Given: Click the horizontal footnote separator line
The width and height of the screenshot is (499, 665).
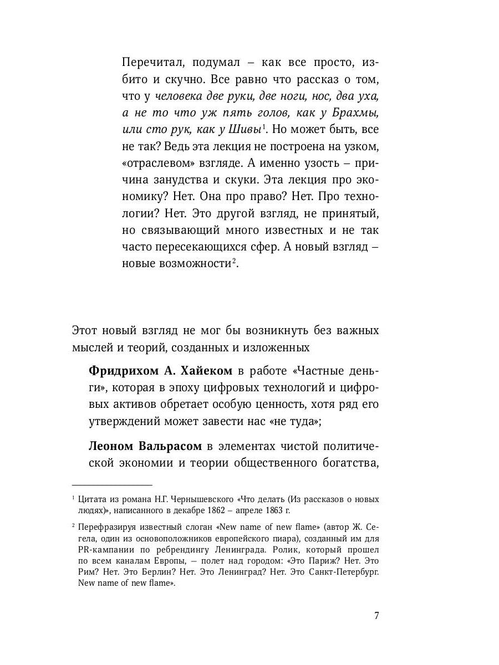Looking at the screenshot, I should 111,484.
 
